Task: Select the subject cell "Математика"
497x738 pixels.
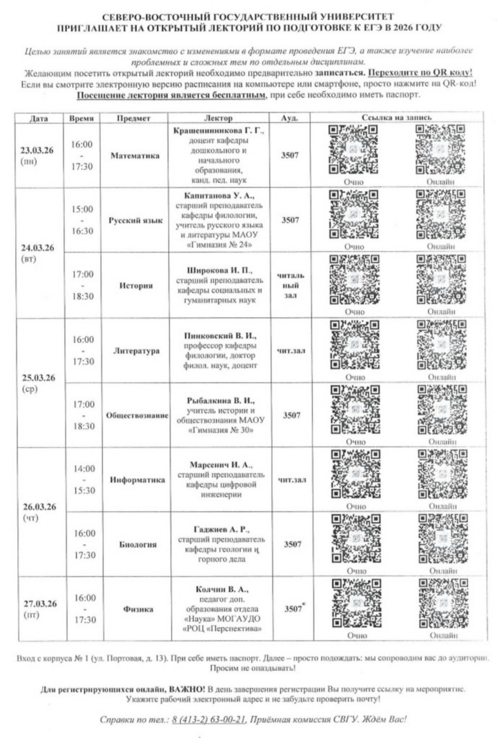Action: (x=135, y=156)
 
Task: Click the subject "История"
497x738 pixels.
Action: (x=135, y=285)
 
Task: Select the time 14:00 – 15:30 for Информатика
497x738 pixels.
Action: (x=84, y=479)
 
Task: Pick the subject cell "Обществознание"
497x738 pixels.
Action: (x=135, y=416)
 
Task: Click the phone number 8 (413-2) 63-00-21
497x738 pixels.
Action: (x=208, y=719)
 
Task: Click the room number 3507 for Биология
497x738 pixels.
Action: (x=291, y=544)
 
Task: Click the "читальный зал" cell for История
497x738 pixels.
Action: (x=291, y=284)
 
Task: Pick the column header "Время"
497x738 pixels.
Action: (x=84, y=119)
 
